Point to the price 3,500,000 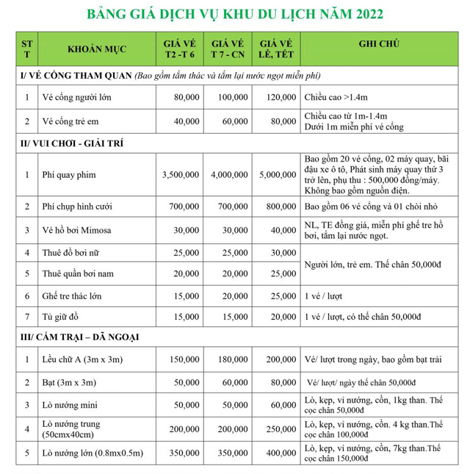[179, 175]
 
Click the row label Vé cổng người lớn [78, 97]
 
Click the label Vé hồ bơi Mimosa [77, 230]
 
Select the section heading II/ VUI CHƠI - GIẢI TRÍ [73, 143]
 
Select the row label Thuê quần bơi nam [80, 274]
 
